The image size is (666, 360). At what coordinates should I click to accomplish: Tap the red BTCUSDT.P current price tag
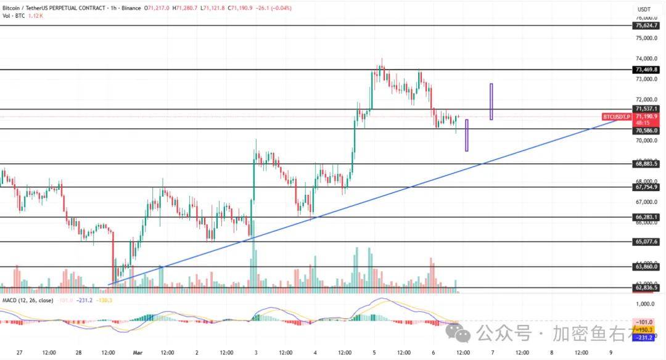point(617,117)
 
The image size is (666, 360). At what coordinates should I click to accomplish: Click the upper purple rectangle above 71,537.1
point(491,102)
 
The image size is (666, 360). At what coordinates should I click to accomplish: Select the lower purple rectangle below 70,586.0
point(466,136)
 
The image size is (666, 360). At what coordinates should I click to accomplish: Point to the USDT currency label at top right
point(644,9)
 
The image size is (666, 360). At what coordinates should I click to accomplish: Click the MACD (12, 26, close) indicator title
point(27,300)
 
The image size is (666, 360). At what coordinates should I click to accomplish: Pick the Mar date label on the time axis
point(138,353)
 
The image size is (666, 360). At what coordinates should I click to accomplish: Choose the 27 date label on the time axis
point(20,353)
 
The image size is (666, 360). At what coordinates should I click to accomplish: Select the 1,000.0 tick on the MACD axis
point(644,305)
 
